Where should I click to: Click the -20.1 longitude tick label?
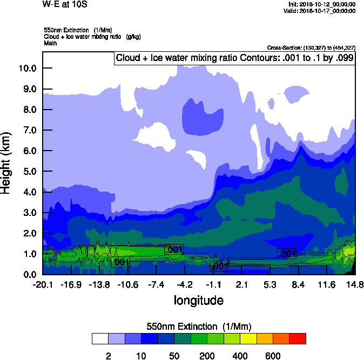coord(42,284)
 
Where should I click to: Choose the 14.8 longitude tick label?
coord(355,284)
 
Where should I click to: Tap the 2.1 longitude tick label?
coord(241,284)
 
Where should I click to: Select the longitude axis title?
coord(198,300)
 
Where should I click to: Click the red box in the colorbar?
coord(298,339)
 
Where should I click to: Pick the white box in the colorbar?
coord(100,339)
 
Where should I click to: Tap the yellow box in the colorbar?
coord(248,339)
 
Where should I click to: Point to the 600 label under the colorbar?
coord(273,356)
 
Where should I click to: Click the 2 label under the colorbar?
coord(109,356)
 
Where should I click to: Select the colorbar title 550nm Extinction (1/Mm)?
coord(198,327)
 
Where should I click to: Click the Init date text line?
coord(322,4)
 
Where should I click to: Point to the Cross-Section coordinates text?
coord(311,48)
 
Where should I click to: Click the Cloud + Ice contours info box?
coord(234,58)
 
